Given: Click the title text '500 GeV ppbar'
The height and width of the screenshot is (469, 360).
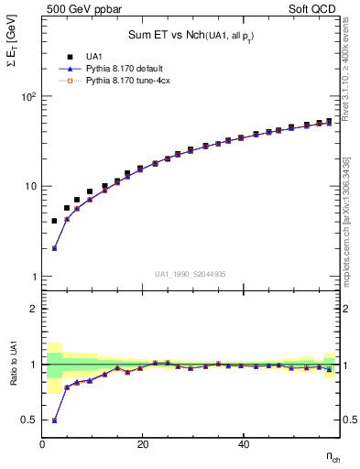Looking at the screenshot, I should point(76,7).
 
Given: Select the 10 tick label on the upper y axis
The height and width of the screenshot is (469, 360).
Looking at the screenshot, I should point(29,187).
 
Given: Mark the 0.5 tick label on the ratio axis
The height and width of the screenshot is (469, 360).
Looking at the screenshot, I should point(29,420).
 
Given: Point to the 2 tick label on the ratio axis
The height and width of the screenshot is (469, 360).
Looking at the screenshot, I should point(33,309).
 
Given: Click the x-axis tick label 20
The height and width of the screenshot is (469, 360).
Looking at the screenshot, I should point(143,444).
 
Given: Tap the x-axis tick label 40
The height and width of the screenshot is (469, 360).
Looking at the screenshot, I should point(244,444).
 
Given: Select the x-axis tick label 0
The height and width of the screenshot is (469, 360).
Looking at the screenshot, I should point(42,444).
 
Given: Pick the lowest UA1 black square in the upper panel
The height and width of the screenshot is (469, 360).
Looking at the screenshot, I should point(54,221).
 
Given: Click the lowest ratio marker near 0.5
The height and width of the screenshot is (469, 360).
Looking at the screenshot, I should point(54,420).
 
